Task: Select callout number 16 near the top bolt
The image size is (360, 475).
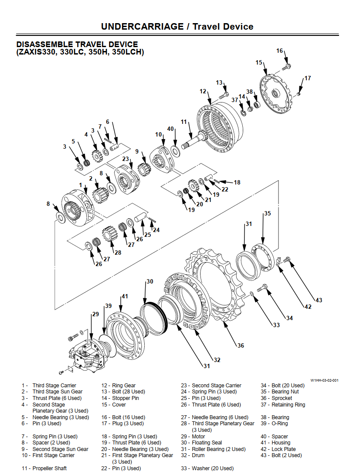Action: (x=280, y=51)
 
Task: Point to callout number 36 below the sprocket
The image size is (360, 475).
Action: (x=241, y=345)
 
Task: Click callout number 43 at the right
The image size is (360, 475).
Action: (x=319, y=300)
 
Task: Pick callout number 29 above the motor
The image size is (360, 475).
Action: (x=95, y=314)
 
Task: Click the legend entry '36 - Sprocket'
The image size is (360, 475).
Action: (x=276, y=398)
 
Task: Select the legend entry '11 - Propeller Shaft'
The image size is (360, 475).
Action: (x=44, y=468)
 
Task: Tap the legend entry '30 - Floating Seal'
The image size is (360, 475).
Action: (x=201, y=443)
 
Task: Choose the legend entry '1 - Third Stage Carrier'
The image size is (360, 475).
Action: (x=49, y=386)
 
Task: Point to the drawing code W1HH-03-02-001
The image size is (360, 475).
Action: (x=324, y=380)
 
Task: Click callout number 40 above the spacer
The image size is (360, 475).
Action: (x=170, y=129)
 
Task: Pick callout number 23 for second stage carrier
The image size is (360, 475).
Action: (x=126, y=159)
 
